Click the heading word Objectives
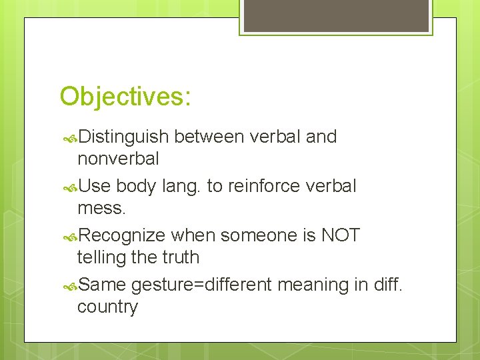[125, 97]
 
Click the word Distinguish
[123, 137]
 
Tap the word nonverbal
[118, 159]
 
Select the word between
[209, 137]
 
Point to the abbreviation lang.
[181, 187]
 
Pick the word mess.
[101, 208]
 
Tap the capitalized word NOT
[340, 235]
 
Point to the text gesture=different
[201, 285]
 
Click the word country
[107, 307]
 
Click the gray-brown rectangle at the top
[336, 15]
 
